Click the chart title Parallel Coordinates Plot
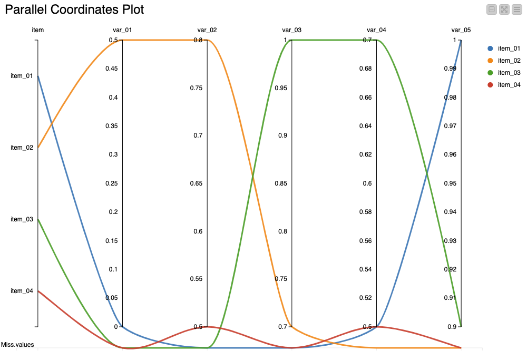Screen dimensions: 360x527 point(74,9)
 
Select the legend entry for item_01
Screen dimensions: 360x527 point(509,48)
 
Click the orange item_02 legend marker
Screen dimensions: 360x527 point(490,61)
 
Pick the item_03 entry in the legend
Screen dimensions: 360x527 point(509,73)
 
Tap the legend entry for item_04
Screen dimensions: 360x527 point(509,85)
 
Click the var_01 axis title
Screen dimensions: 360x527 point(122,30)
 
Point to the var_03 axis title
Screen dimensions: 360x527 point(291,30)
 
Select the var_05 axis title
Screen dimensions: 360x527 point(461,30)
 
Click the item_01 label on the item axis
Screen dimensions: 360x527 point(22,76)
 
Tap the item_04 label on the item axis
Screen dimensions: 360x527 point(22,291)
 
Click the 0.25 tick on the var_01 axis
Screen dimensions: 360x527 point(111,183)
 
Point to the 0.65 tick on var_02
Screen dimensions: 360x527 point(196,183)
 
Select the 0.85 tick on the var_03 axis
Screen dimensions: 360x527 point(280,183)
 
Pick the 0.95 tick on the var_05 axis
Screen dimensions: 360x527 point(450,183)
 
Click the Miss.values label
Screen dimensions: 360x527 point(17,345)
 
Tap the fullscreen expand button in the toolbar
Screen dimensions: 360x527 point(504,9)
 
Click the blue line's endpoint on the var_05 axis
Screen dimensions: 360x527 point(461,40)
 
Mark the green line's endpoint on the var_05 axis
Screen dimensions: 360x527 point(461,326)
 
